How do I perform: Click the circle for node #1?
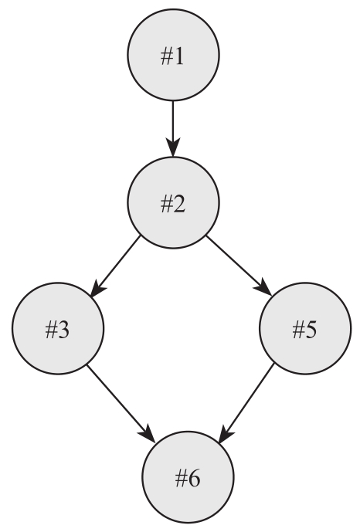click(x=173, y=55)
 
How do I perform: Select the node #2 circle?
click(x=173, y=202)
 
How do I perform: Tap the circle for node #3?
click(x=58, y=328)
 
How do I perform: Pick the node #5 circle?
click(x=305, y=328)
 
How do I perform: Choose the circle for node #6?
click(x=188, y=477)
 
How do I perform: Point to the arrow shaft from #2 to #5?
click(x=234, y=260)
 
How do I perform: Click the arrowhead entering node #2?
click(x=173, y=147)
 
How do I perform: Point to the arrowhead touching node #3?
click(x=98, y=288)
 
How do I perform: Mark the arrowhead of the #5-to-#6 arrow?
click(x=226, y=434)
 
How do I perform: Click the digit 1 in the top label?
click(x=179, y=56)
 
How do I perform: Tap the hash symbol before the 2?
click(x=166, y=205)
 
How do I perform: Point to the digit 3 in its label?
click(x=63, y=330)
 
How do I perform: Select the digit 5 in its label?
click(x=311, y=330)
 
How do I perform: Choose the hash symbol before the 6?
click(x=181, y=479)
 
